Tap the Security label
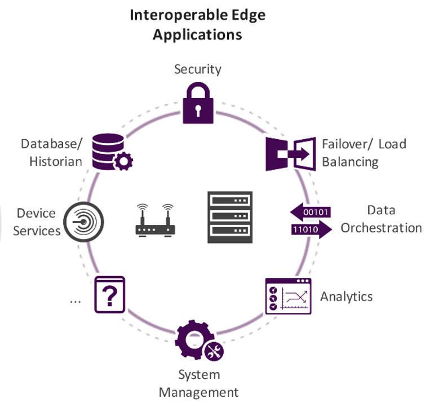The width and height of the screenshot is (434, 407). click(197, 69)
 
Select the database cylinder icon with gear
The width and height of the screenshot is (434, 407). click(111, 152)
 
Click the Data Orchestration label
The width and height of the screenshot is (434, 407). click(381, 219)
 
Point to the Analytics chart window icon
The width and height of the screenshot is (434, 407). click(289, 296)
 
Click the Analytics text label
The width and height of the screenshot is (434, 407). click(346, 297)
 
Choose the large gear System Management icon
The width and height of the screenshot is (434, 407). click(193, 340)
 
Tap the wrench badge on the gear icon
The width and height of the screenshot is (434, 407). click(213, 352)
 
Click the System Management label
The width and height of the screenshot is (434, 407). click(198, 383)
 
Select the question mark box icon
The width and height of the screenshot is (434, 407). click(109, 294)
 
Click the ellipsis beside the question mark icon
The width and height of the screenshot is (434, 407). click(75, 300)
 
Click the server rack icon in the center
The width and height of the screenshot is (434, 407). click(229, 217)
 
